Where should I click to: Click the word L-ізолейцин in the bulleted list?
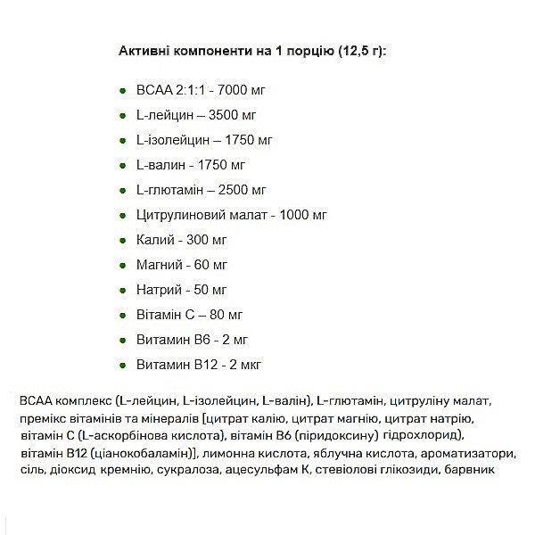click(x=173, y=141)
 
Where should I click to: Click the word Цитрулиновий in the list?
click(x=181, y=216)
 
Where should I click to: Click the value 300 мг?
click(x=203, y=241)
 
